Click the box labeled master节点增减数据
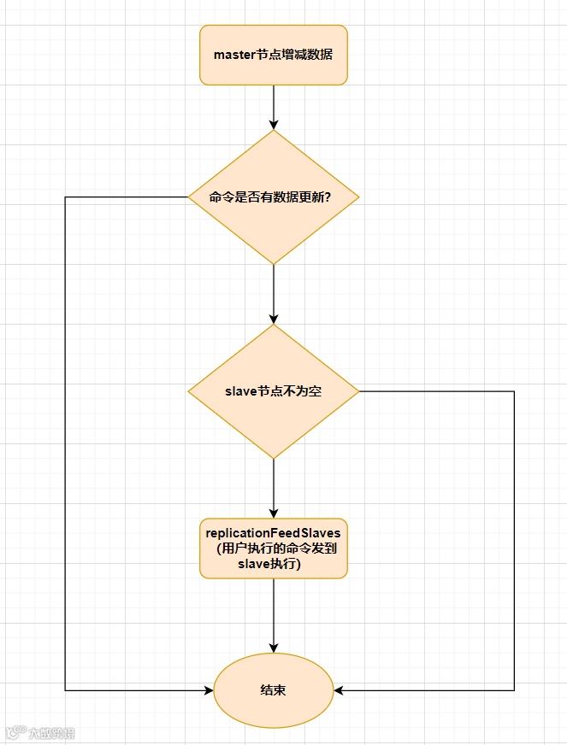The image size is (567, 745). click(274, 55)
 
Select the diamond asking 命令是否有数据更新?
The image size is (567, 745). click(274, 197)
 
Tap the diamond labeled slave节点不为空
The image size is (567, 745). click(274, 391)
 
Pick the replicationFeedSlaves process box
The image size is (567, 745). click(274, 548)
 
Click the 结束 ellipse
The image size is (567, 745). click(274, 689)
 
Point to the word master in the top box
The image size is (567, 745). click(234, 55)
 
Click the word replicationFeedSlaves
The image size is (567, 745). click(274, 532)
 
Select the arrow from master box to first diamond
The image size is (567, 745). click(274, 107)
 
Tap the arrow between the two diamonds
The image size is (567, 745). click(274, 294)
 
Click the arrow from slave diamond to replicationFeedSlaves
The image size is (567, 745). click(274, 487)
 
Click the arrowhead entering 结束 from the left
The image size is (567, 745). click(208, 689)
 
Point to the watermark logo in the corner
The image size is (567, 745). click(15, 732)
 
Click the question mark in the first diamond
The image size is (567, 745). click(329, 197)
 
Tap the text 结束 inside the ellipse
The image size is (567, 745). click(274, 689)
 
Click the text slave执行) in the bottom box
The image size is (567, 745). click(274, 565)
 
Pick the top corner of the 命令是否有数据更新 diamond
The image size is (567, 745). click(274, 132)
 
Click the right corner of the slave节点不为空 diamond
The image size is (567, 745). click(357, 391)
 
